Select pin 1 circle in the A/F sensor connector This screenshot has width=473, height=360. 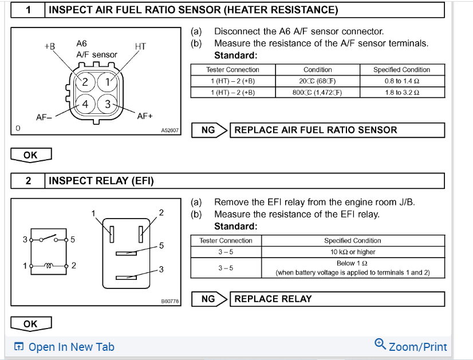(x=106, y=82)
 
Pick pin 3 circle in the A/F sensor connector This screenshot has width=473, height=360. (x=106, y=104)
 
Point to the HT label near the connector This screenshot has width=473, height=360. (x=140, y=46)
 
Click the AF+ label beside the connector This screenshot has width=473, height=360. (x=145, y=116)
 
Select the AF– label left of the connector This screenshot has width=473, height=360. (x=44, y=118)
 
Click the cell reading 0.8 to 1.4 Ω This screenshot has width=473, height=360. (x=401, y=81)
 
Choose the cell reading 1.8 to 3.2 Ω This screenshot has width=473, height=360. (x=401, y=92)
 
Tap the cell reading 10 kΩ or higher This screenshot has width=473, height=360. (x=352, y=252)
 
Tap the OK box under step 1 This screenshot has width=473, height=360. (x=31, y=155)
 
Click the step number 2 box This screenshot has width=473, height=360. (x=28, y=181)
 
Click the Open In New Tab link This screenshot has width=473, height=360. (x=64, y=347)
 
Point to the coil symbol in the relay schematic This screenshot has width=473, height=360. (x=49, y=266)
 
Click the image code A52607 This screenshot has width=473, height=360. (x=170, y=130)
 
